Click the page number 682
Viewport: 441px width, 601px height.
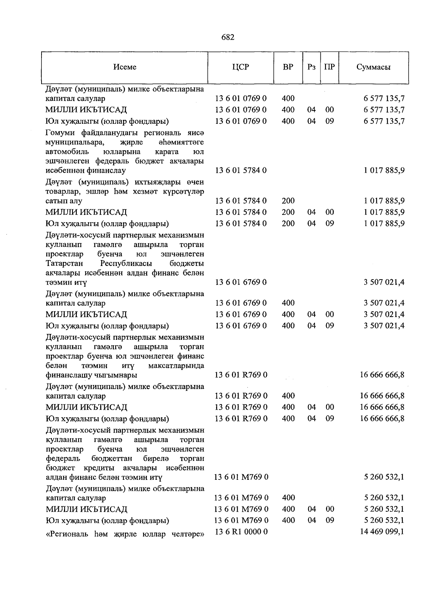point(228,37)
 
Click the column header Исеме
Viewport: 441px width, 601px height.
point(125,67)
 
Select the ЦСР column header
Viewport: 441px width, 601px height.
point(240,67)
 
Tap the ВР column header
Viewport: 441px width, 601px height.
point(288,67)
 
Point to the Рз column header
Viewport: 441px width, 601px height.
point(312,67)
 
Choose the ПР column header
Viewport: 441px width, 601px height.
point(329,67)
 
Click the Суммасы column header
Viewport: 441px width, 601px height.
point(373,67)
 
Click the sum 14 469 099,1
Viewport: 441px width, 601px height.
point(382,531)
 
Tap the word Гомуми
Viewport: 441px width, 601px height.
point(60,133)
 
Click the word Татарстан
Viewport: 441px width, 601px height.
point(64,263)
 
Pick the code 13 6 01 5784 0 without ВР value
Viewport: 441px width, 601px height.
point(241,170)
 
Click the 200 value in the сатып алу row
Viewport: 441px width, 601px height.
point(288,201)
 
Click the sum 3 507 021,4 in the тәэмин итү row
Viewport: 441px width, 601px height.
point(384,282)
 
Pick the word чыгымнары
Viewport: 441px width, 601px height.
point(119,375)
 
